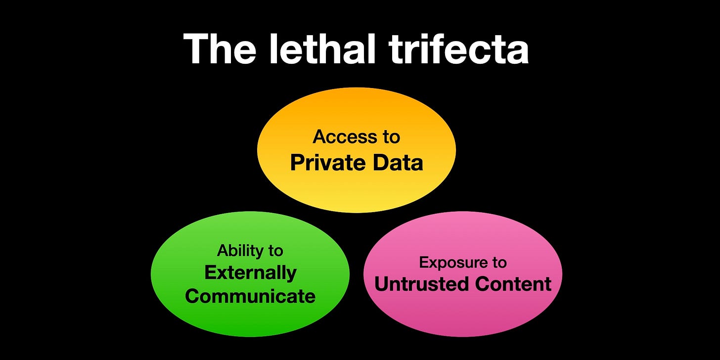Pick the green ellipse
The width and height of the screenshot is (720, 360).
250,316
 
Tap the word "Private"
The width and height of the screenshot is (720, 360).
327,162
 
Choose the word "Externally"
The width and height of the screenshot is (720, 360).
250,272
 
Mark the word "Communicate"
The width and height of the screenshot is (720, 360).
250,296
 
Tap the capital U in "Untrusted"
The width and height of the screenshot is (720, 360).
382,284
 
